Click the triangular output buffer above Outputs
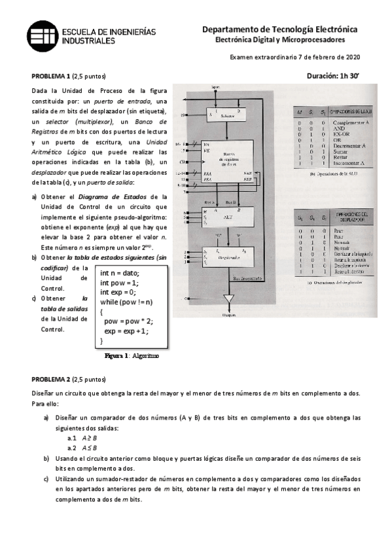(228, 300)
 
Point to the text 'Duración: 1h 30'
(333, 75)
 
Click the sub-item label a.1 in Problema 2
(72, 438)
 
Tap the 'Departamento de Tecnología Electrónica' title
(279, 29)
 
